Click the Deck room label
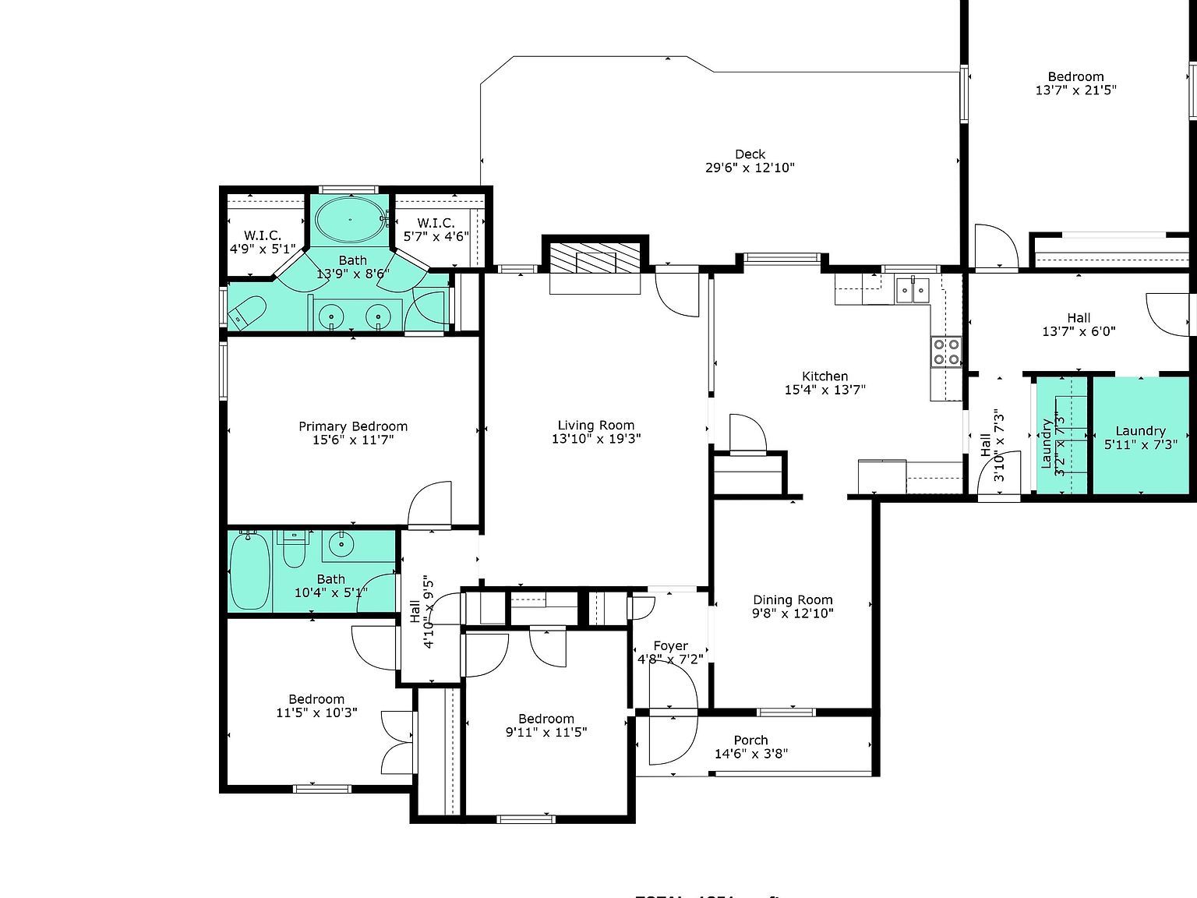pos(750,154)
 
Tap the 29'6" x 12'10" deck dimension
pos(750,168)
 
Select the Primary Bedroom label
pos(353,426)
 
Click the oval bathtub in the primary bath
pos(349,219)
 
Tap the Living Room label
pos(596,425)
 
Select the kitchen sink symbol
pos(913,290)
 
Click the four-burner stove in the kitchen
pos(946,352)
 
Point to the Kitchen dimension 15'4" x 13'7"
pos(825,390)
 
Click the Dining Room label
pos(793,599)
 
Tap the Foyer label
pos(670,645)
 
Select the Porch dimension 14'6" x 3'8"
pos(751,754)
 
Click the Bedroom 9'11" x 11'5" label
pos(546,719)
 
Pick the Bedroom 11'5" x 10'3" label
pos(316,699)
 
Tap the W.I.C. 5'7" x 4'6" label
pos(436,223)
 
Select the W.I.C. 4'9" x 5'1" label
pos(263,235)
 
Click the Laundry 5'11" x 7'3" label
pos(1140,431)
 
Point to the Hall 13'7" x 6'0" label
pos(1079,318)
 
